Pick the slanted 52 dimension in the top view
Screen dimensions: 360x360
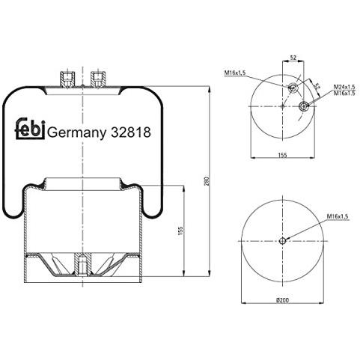tap(317, 87)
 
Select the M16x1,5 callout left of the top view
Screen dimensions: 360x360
tap(235, 73)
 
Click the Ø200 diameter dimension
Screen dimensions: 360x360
tap(282, 299)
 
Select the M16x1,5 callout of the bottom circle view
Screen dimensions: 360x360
tap(338, 216)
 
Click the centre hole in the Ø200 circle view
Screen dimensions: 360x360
tap(283, 241)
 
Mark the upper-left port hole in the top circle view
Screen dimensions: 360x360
tap(293, 89)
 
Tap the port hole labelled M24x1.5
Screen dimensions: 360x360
tap(304, 107)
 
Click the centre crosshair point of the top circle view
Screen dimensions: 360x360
tap(282, 107)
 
